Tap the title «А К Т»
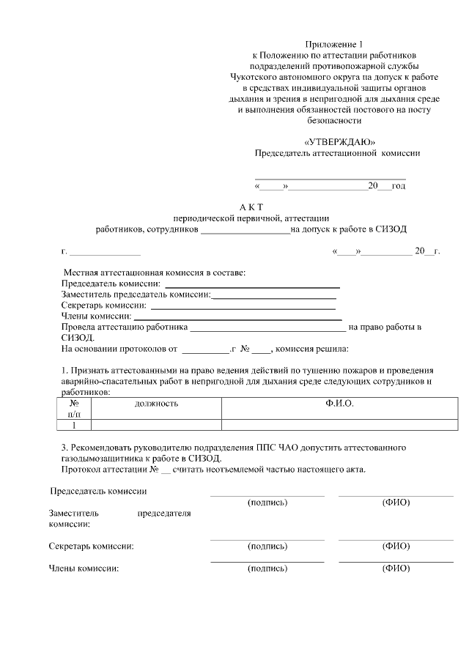pyautogui.click(x=251, y=207)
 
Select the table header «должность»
pyautogui.click(x=156, y=404)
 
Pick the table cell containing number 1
pyautogui.click(x=73, y=424)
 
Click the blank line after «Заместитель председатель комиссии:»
pyautogui.click(x=274, y=295)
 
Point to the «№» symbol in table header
pyautogui.click(x=74, y=404)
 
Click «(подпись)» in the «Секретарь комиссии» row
pyautogui.click(x=267, y=547)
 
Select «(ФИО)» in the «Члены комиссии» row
pyautogui.click(x=396, y=568)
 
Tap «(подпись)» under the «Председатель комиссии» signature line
pyautogui.click(x=267, y=503)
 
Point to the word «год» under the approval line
pyautogui.click(x=398, y=186)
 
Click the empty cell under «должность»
pyautogui.click(x=156, y=424)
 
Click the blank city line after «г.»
pyautogui.click(x=100, y=251)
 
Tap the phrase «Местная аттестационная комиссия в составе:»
pyautogui.click(x=155, y=273)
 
